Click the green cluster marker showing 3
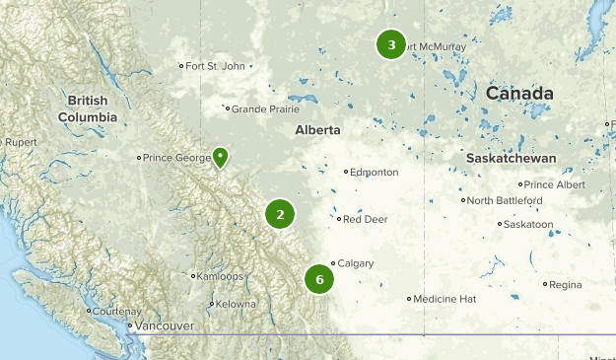pos(391,44)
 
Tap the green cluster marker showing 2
pos(280,214)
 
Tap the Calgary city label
pos(354,263)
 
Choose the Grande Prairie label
pos(263,109)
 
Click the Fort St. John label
pos(215,66)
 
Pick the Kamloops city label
pos(218,276)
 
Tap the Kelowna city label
pos(236,304)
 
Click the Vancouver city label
pos(164,325)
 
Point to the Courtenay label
pos(118,311)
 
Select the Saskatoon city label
pos(527,225)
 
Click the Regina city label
pos(566,284)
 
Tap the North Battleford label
pos(505,200)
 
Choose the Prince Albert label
pos(555,184)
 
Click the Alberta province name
pos(317,130)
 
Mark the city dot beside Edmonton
pos(346,172)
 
